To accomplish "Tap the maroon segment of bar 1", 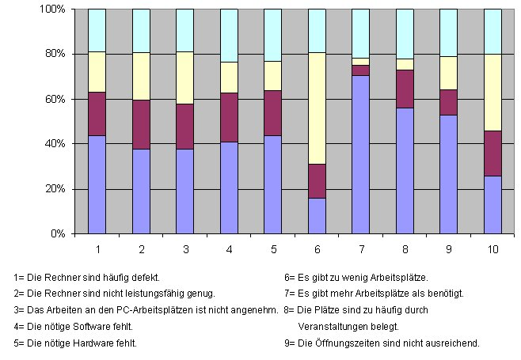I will pyautogui.click(x=97, y=114).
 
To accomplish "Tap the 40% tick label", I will pyautogui.click(x=54, y=144).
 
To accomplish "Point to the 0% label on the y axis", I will pyautogui.click(x=57, y=234).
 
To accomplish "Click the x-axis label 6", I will pyautogui.click(x=317, y=250).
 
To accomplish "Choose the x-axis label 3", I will pyautogui.click(x=185, y=250).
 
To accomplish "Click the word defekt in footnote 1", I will pyautogui.click(x=146, y=278).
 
